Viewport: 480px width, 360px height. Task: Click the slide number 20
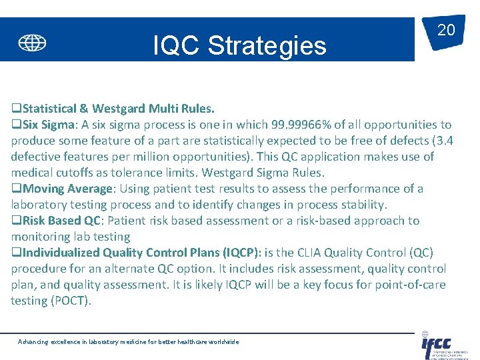coord(445,29)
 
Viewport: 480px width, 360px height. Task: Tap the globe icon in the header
coord(32,43)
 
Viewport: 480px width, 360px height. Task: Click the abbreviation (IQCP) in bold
coord(239,253)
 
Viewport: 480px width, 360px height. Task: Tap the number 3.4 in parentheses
coord(442,141)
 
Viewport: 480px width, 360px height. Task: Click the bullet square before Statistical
coord(16,108)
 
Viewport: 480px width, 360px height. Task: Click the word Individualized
coord(61,253)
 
